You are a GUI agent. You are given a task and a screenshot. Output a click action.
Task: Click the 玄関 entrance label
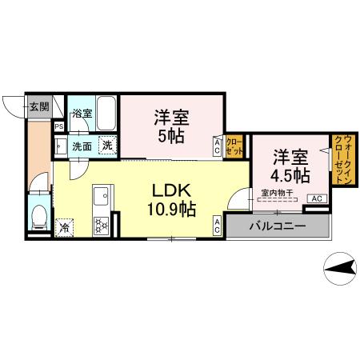point(38,106)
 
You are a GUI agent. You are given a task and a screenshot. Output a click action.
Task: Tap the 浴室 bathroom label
point(82,114)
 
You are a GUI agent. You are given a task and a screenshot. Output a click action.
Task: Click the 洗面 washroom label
point(82,146)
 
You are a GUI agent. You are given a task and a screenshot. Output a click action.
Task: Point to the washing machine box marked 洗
point(106,145)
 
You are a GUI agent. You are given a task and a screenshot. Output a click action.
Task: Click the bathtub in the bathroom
point(107,114)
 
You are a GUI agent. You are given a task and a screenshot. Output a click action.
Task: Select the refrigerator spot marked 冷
point(64,227)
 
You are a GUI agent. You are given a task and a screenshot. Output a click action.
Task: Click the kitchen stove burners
point(102,225)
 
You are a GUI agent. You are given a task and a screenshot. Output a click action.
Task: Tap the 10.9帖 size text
point(172,210)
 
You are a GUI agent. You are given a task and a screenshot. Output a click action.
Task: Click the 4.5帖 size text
point(290,174)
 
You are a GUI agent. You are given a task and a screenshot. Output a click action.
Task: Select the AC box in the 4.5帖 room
point(316,198)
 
